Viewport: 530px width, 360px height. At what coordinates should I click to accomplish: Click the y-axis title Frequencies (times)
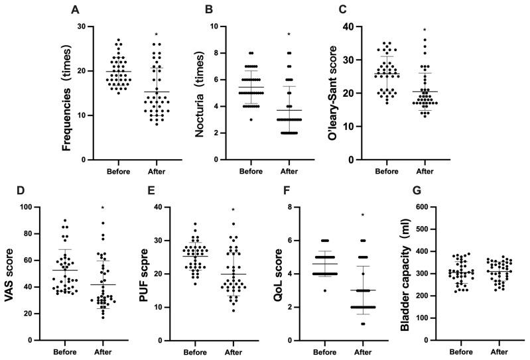click(x=67, y=93)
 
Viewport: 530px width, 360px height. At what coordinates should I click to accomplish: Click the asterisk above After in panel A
click(x=156, y=35)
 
